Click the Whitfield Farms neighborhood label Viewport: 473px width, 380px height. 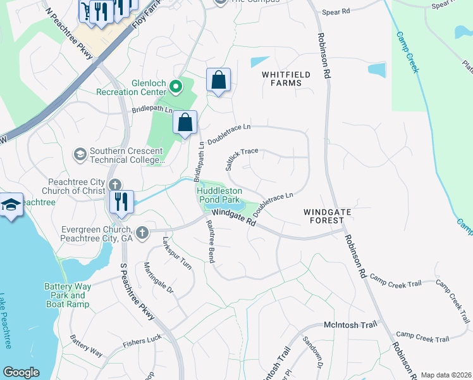pos(286,79)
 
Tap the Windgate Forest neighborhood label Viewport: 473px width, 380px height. pos(324,216)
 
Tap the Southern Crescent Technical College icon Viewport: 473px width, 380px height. pos(80,153)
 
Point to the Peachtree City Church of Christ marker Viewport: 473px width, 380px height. pos(114,185)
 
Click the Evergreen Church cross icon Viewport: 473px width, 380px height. pos(143,232)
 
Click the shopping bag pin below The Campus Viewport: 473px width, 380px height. pos(218,80)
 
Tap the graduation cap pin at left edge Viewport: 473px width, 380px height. pos(11,206)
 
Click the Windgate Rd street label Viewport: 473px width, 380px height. pos(233,218)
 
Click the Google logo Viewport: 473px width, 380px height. pos(21,372)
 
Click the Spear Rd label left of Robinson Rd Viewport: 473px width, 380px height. pos(336,12)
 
